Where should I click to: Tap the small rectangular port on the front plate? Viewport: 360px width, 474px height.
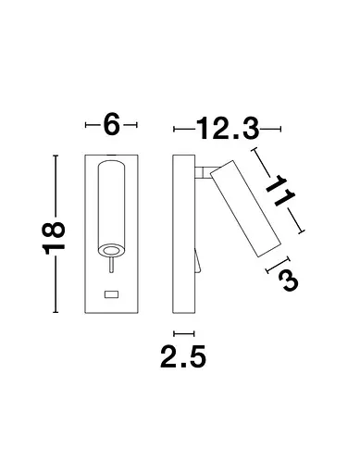point(112,294)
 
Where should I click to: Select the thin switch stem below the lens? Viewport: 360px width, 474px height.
point(111,268)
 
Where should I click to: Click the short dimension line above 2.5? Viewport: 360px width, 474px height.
point(184,331)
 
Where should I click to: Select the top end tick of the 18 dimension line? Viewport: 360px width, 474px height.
point(56,156)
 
